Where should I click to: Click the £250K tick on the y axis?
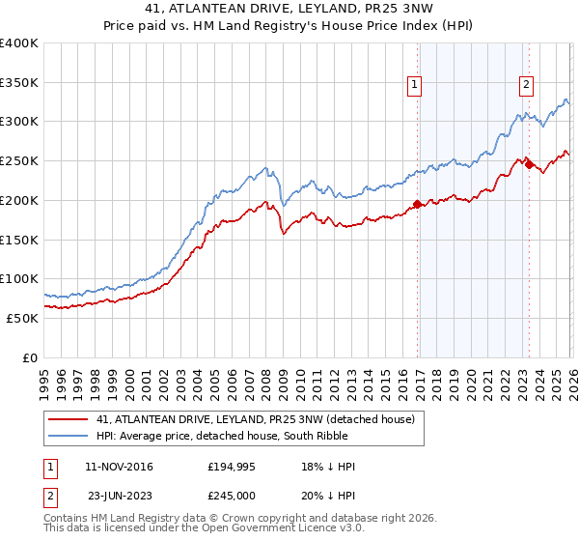(x=19, y=161)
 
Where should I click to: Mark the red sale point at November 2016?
(x=417, y=204)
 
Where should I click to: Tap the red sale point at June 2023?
(x=529, y=165)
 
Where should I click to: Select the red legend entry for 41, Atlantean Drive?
(x=255, y=418)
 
